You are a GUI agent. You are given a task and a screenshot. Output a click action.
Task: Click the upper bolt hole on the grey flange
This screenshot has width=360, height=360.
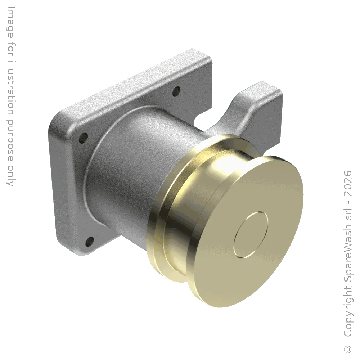click(x=176, y=91)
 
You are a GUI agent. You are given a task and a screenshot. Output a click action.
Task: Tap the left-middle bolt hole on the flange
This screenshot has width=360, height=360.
click(x=84, y=138)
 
